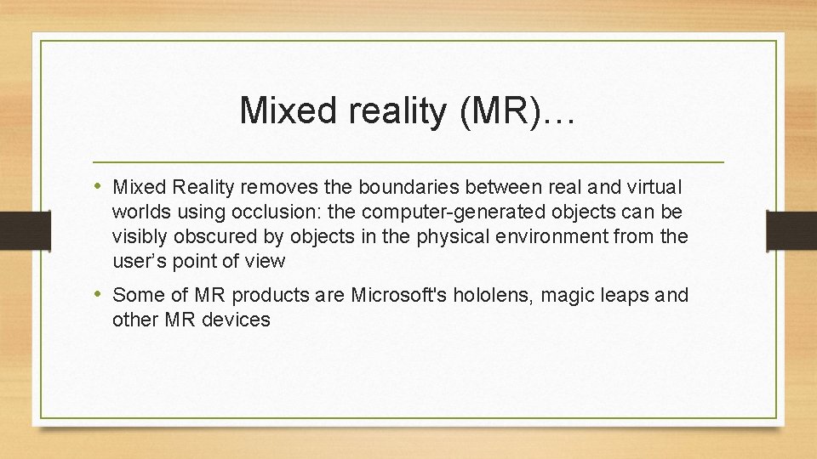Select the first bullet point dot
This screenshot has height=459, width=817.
click(100, 185)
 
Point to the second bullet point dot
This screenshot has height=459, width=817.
click(100, 294)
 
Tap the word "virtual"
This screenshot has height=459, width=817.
click(654, 187)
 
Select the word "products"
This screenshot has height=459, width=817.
click(262, 296)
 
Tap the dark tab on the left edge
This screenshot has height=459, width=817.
click(13, 229)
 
